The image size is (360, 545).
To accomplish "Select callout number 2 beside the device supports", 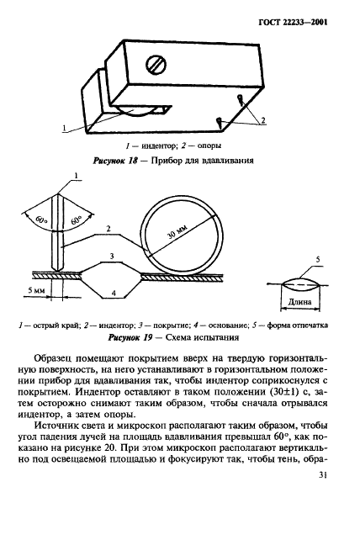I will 262,121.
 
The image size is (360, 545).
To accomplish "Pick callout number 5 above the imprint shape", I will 317,260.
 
